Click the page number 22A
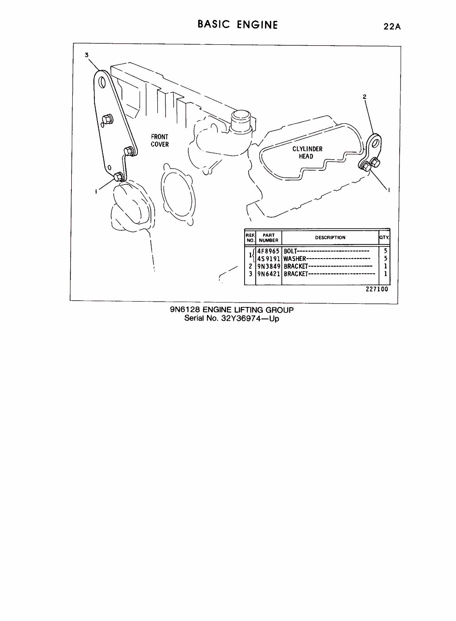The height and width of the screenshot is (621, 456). (392, 27)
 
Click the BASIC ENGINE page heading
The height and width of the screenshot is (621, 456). (238, 24)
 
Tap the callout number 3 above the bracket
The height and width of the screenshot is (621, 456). (87, 55)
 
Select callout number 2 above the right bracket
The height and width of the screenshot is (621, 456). (364, 96)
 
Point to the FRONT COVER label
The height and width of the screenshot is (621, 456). (160, 141)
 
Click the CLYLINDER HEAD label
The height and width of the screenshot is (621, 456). (307, 152)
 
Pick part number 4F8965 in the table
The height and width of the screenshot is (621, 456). (269, 251)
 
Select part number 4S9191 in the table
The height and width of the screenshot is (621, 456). (269, 259)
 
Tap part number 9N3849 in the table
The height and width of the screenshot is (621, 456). (269, 266)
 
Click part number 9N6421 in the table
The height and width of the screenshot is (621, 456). (269, 274)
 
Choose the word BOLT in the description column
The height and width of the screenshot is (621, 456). (290, 251)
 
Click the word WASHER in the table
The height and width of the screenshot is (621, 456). (295, 259)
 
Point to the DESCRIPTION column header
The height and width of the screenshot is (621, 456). (330, 237)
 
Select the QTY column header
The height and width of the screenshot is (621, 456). (384, 237)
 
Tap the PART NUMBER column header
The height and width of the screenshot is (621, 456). (269, 238)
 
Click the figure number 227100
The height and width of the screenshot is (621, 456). (377, 289)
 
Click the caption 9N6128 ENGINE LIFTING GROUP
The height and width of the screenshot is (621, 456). (232, 310)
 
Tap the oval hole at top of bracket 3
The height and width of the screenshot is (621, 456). (103, 83)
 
